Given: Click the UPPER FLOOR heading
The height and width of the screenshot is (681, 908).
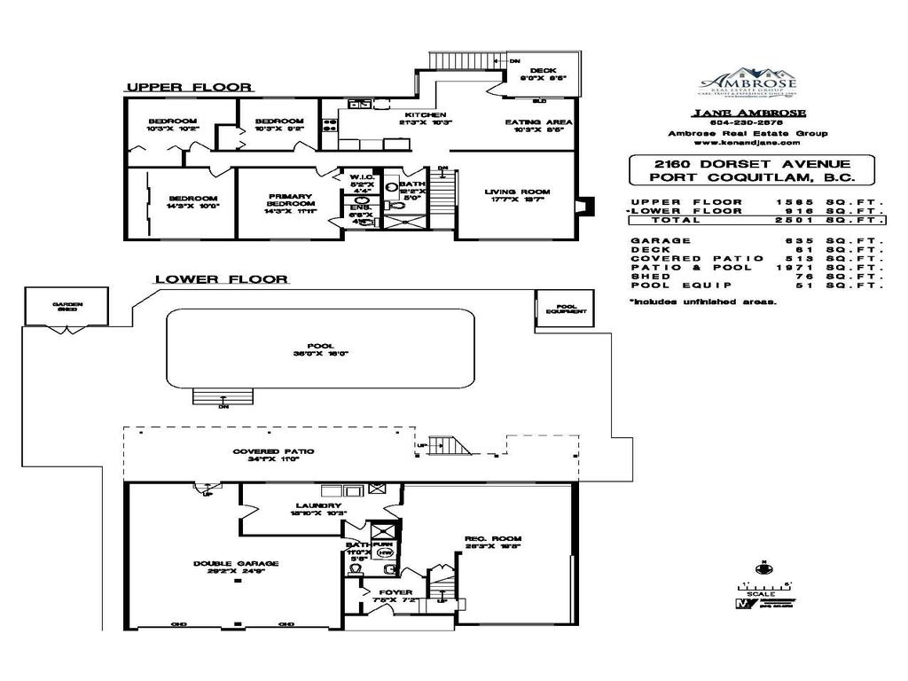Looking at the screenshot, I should pos(189,87).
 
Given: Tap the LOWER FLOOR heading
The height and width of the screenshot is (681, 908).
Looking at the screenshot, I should pos(221,279).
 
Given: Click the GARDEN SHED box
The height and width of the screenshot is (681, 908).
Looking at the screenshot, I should pos(67,308).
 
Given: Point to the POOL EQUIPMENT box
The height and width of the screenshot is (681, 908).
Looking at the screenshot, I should pos(560,307).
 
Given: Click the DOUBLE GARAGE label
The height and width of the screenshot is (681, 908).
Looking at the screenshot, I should pos(236,564).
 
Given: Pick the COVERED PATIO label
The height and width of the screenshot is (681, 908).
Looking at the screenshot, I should pos(273,451).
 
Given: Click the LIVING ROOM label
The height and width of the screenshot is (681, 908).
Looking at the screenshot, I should pos(517,192).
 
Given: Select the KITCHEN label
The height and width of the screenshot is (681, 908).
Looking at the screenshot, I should pos(426,115).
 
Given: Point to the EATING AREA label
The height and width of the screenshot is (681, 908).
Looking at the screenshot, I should pos(538,121).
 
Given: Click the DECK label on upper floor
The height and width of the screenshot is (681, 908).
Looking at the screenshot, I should pos(542,71).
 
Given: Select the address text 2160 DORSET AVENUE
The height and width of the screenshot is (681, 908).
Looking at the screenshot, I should pos(751,164).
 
